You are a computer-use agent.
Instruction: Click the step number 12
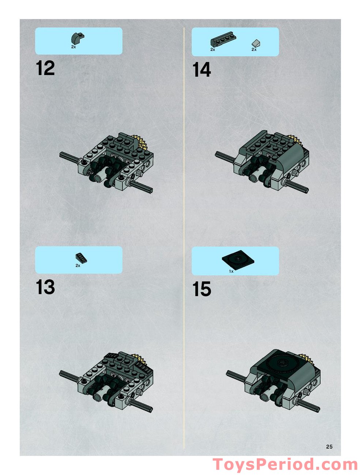click(45, 68)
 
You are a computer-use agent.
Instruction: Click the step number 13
click(45, 287)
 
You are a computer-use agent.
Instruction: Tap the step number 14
click(202, 70)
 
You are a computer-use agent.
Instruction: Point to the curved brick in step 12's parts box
click(78, 38)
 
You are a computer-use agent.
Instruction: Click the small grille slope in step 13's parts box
click(81, 258)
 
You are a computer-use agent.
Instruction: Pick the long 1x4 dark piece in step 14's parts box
click(223, 39)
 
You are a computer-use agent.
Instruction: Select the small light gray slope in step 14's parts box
click(256, 43)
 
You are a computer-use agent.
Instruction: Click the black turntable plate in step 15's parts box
click(238, 259)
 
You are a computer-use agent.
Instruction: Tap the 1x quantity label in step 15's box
click(231, 271)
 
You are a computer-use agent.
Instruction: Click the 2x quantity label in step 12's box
click(74, 47)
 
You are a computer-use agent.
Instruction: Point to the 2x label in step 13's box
click(78, 265)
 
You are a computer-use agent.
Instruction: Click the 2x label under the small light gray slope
click(254, 49)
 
